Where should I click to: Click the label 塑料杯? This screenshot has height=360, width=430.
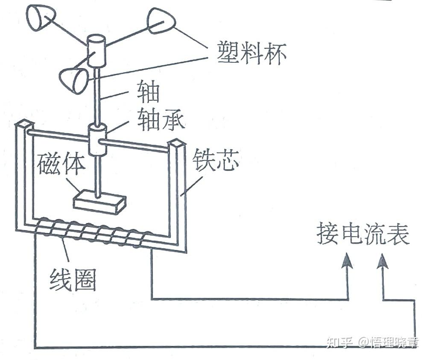point(252,53)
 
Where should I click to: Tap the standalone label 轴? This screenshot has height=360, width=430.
point(148,92)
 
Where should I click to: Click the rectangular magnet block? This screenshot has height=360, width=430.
point(100,202)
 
